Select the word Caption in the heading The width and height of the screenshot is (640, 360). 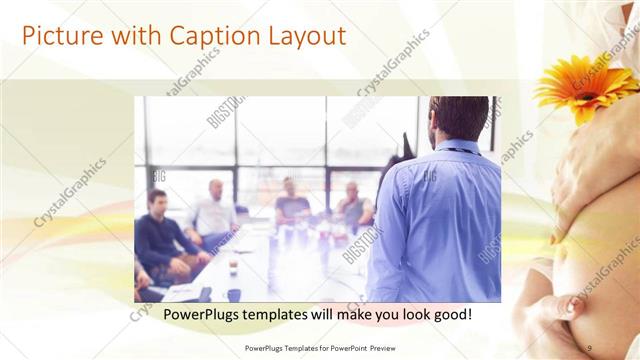point(209,36)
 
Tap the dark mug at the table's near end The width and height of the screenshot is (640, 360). point(232,294)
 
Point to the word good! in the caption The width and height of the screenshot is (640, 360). point(451,315)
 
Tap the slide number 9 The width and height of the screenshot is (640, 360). point(589,347)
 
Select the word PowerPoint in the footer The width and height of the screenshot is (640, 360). point(345,347)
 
